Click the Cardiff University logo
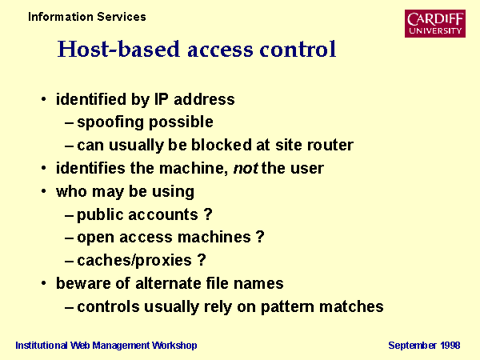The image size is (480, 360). tap(435, 23)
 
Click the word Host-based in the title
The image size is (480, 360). tap(118, 49)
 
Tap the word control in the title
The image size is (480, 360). tap(298, 49)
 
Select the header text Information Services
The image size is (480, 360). tap(87, 17)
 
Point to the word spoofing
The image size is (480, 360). tap(110, 122)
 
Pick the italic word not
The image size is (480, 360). tap(246, 168)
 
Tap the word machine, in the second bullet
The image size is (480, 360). tap(194, 168)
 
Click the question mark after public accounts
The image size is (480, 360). tap(208, 214)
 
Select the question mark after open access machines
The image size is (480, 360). tap(260, 237)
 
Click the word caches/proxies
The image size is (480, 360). tap(134, 261)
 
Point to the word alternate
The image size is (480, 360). tap(168, 283)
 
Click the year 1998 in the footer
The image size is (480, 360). tap(450, 346)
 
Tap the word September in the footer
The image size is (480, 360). tap(412, 346)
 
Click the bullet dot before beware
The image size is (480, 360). tap(44, 283)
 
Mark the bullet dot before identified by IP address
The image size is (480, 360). tap(44, 99)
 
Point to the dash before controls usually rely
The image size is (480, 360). tap(69, 307)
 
